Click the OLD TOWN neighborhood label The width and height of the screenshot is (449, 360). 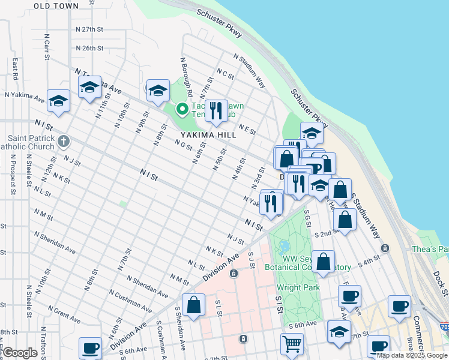pos(56,5)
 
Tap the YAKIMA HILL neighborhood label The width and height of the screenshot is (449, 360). pos(197,135)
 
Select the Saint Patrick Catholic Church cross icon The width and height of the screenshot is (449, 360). pos(64,142)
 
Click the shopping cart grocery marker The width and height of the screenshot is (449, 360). pos(292,344)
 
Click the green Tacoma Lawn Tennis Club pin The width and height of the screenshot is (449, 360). pos(181,109)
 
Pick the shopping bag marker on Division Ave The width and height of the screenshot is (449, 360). pos(194,305)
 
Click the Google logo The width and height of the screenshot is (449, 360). pos(20,353)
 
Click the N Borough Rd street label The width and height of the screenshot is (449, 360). pos(185,77)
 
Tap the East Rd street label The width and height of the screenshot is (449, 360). pos(14,68)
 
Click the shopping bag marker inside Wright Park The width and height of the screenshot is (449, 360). pos(323,262)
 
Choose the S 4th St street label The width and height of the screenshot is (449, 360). pos(369,262)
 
